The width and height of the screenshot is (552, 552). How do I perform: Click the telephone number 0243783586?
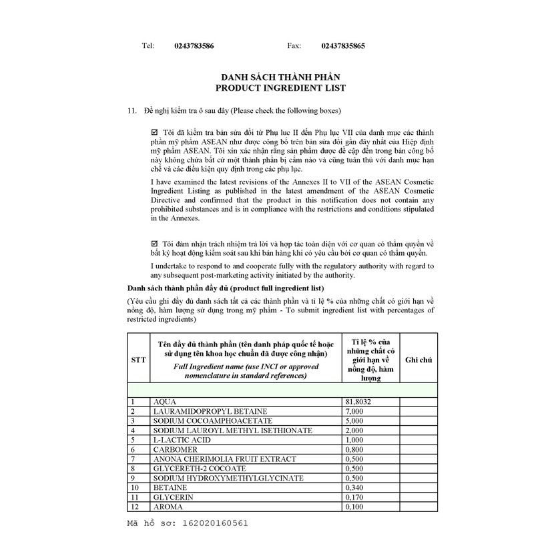[x=194, y=46]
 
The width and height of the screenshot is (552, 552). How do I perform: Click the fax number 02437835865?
[x=343, y=46]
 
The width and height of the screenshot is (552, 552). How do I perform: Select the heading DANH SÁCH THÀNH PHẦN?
[x=280, y=78]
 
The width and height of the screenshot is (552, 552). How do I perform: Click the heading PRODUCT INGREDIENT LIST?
[x=280, y=88]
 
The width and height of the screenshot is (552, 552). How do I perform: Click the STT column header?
[x=138, y=359]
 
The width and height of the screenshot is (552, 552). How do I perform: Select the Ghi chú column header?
[x=419, y=359]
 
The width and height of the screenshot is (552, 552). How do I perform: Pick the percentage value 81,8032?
[x=358, y=402]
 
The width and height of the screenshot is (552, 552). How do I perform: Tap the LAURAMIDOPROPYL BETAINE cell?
[x=200, y=411]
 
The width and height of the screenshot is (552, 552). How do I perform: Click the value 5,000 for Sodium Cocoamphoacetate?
[x=354, y=421]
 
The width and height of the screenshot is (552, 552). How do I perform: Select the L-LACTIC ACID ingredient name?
[x=182, y=440]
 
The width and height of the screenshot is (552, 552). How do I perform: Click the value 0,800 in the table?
[x=354, y=450]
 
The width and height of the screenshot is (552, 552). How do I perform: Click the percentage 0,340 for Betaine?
[x=354, y=488]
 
